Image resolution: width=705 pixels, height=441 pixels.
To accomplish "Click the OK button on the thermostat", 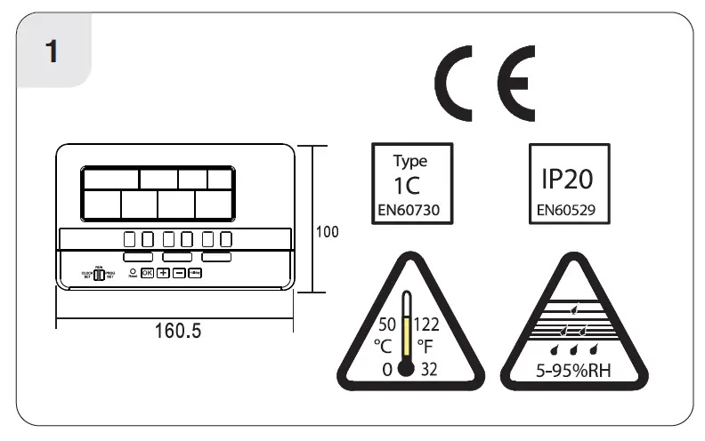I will click(148, 273).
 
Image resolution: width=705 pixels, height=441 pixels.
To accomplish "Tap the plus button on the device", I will click(164, 273).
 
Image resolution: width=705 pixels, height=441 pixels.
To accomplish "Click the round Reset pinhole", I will click(132, 270).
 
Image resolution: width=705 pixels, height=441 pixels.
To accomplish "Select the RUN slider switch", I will click(99, 275).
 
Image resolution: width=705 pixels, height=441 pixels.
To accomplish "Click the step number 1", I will click(52, 51).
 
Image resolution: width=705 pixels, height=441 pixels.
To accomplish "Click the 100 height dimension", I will click(328, 232).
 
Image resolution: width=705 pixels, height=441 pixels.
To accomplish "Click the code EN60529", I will click(567, 212).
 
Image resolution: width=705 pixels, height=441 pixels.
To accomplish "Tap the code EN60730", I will click(410, 212).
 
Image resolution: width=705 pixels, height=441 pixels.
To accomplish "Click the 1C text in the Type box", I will click(410, 187).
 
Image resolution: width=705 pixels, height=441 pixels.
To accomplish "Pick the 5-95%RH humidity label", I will click(567, 369).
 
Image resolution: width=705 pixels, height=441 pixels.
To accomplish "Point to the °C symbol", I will click(384, 345).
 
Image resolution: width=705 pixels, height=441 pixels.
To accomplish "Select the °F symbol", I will click(425, 345).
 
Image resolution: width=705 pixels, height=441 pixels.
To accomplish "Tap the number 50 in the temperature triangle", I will click(387, 324).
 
